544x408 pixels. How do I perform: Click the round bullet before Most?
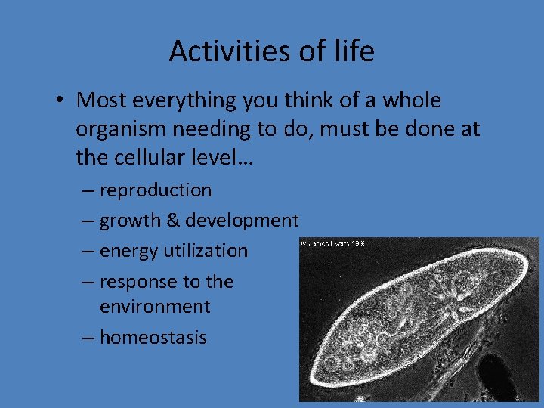coord(63,101)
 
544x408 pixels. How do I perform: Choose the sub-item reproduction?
coord(155,190)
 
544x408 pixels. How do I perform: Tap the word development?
coord(243,221)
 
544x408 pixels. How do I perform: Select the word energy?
coord(128,251)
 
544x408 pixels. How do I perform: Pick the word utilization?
coord(205,250)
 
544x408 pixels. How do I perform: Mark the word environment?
coord(155,307)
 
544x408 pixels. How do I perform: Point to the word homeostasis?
coord(153,337)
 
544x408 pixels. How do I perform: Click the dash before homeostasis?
coord(88,338)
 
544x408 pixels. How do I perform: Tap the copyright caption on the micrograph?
coord(333,243)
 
